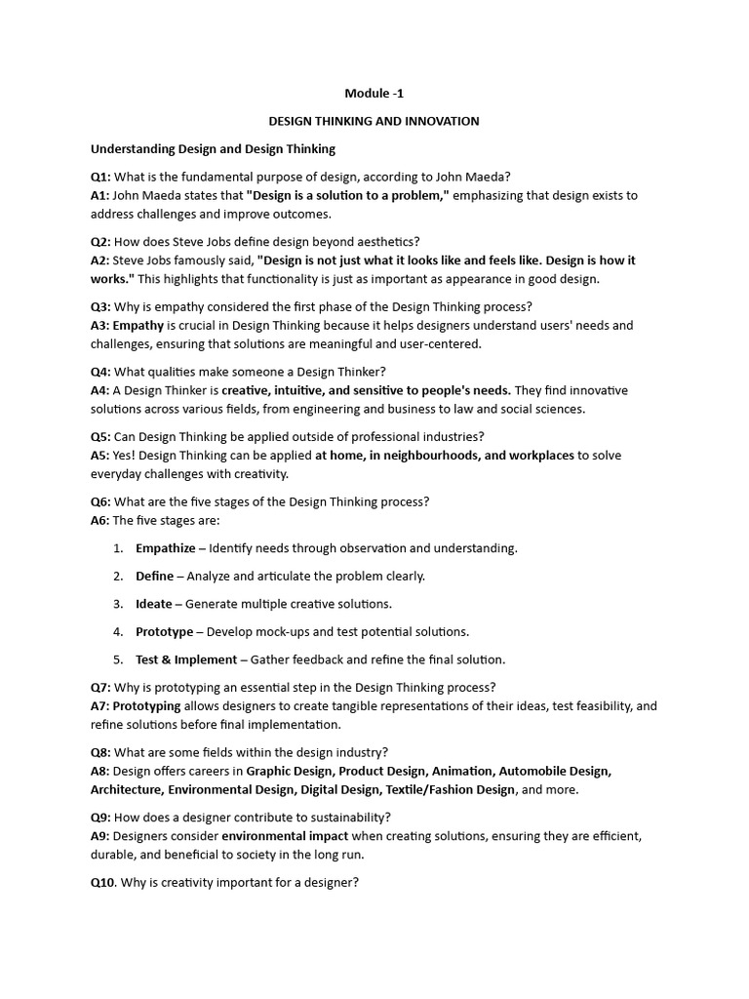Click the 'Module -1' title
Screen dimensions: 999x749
(374, 94)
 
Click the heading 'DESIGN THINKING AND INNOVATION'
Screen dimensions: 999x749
(374, 121)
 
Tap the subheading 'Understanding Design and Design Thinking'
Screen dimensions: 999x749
(213, 149)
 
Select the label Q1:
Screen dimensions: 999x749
(100, 177)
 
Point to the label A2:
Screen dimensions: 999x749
(100, 260)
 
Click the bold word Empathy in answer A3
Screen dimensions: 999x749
(138, 325)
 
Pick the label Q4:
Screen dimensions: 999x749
(100, 372)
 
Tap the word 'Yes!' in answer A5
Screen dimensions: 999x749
(128, 456)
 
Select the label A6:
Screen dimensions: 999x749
(100, 520)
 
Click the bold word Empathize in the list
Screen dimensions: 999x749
(166, 548)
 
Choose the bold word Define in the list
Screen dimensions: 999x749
(154, 576)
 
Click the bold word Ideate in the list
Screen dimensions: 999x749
(154, 604)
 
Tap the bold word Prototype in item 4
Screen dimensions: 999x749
(165, 631)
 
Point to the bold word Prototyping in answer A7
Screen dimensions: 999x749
(146, 705)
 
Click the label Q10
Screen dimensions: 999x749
(102, 883)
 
